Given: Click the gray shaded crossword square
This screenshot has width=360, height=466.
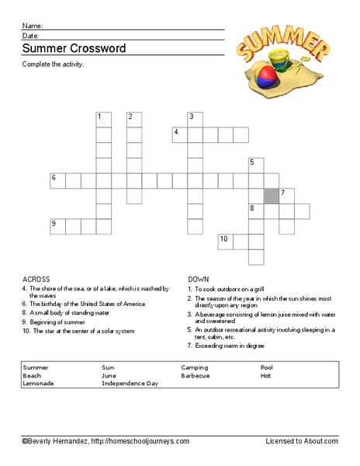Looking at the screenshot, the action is [272, 196].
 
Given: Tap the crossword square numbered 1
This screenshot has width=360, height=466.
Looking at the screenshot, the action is [103, 120].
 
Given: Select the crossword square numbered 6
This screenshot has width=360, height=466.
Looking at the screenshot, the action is [57, 181].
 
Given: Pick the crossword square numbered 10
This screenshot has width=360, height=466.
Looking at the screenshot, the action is [226, 242].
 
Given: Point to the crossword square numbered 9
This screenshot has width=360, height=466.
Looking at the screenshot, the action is [57, 227].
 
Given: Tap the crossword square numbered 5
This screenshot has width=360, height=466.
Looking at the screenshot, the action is [256, 165].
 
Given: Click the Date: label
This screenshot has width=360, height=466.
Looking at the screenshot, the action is [31, 36].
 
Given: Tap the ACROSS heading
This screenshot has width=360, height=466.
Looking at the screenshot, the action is [36, 278].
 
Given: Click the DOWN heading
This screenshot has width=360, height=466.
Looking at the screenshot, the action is [199, 278].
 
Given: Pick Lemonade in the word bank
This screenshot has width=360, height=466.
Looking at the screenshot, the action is [39, 384].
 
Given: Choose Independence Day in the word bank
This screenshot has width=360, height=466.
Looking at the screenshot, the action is [130, 384].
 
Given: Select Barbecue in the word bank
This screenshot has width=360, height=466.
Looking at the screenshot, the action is [196, 375].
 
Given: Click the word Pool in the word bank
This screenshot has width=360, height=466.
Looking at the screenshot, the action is [267, 367].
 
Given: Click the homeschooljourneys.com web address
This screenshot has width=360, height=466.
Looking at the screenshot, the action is [140, 441].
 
